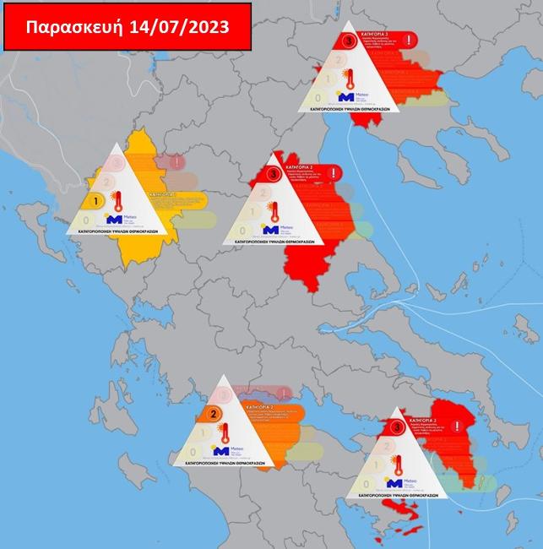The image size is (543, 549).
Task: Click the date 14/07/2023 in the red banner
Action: click(x=178, y=26)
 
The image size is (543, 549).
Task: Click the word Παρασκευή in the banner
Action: click(x=75, y=26)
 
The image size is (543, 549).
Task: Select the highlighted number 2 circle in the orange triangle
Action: click(x=214, y=414)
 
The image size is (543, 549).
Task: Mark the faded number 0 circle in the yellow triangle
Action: click(x=86, y=220)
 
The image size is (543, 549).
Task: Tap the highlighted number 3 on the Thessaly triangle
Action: click(x=273, y=174)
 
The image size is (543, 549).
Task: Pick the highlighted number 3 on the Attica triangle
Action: click(x=398, y=428)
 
